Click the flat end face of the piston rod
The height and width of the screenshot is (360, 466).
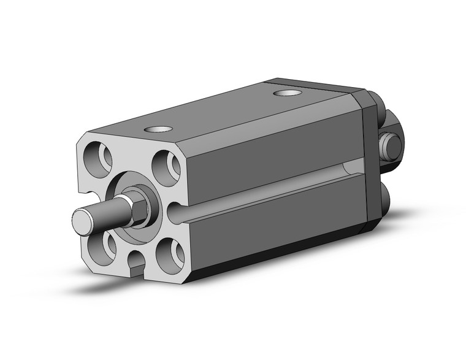82,220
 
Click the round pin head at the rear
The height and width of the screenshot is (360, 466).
391,145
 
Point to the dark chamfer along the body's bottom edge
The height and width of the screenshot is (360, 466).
276,258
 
